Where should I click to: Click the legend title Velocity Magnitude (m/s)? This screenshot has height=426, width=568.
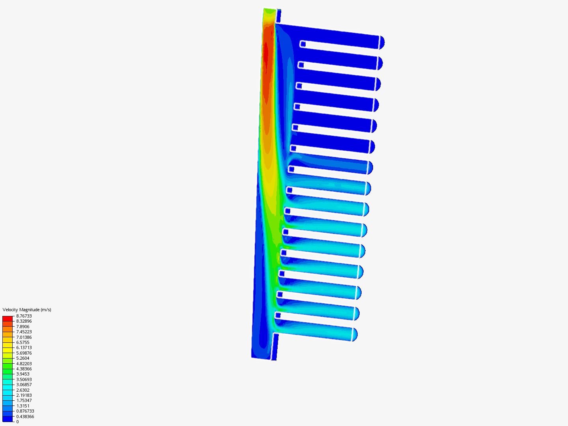[27, 310]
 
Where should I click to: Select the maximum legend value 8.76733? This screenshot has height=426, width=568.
[24, 316]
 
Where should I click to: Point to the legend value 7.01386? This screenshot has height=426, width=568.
[24, 337]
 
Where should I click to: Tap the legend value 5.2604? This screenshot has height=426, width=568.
[23, 358]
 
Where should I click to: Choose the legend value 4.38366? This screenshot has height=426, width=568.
[24, 369]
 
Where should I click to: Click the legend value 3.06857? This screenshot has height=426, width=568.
[24, 385]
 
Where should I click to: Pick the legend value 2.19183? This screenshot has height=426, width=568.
[24, 395]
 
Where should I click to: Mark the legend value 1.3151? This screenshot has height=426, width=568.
[23, 406]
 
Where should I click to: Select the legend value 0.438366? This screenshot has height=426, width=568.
[25, 417]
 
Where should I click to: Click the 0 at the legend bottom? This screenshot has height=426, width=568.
[17, 422]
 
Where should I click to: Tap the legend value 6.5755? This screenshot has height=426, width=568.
[23, 342]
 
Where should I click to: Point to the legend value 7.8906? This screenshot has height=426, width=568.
[23, 327]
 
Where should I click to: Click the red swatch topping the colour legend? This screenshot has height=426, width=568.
[7, 318]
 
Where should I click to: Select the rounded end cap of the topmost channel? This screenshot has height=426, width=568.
[382, 42]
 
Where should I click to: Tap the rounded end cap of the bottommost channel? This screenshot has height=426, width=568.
[354, 334]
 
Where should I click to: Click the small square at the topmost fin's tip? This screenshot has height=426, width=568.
[303, 44]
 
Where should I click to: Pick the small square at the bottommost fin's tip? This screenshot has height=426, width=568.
[278, 315]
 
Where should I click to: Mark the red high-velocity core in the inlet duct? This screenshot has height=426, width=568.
[266, 55]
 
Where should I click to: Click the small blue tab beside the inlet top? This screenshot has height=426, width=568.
[278, 16]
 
